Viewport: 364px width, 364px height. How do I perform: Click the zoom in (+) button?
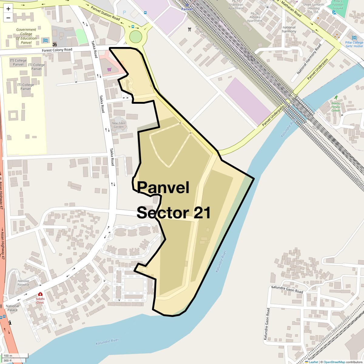click(8, 9)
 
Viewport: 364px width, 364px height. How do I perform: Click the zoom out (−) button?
click(8, 18)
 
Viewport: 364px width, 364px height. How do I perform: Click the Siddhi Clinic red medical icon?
click(40, 294)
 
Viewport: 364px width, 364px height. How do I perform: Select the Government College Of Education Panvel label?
click(26, 36)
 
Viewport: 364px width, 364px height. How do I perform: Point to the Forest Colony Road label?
click(57, 50)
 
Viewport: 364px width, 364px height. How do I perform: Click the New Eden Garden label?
click(119, 125)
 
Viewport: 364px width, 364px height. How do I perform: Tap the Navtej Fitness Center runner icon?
click(336, 98)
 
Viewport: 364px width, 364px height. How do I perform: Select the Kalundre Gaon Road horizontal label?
click(287, 289)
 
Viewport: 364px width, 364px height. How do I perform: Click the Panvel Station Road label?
click(106, 13)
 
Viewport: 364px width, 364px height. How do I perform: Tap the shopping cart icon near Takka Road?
click(109, 69)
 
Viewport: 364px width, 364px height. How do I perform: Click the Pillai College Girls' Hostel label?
click(354, 44)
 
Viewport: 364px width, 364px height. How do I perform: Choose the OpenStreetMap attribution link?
click(334, 362)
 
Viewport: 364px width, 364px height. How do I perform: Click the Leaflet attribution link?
click(313, 362)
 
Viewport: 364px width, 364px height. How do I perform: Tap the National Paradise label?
click(23, 283)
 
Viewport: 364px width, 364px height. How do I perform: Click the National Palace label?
click(12, 308)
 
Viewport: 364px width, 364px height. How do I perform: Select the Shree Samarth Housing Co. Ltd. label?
click(313, 8)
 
